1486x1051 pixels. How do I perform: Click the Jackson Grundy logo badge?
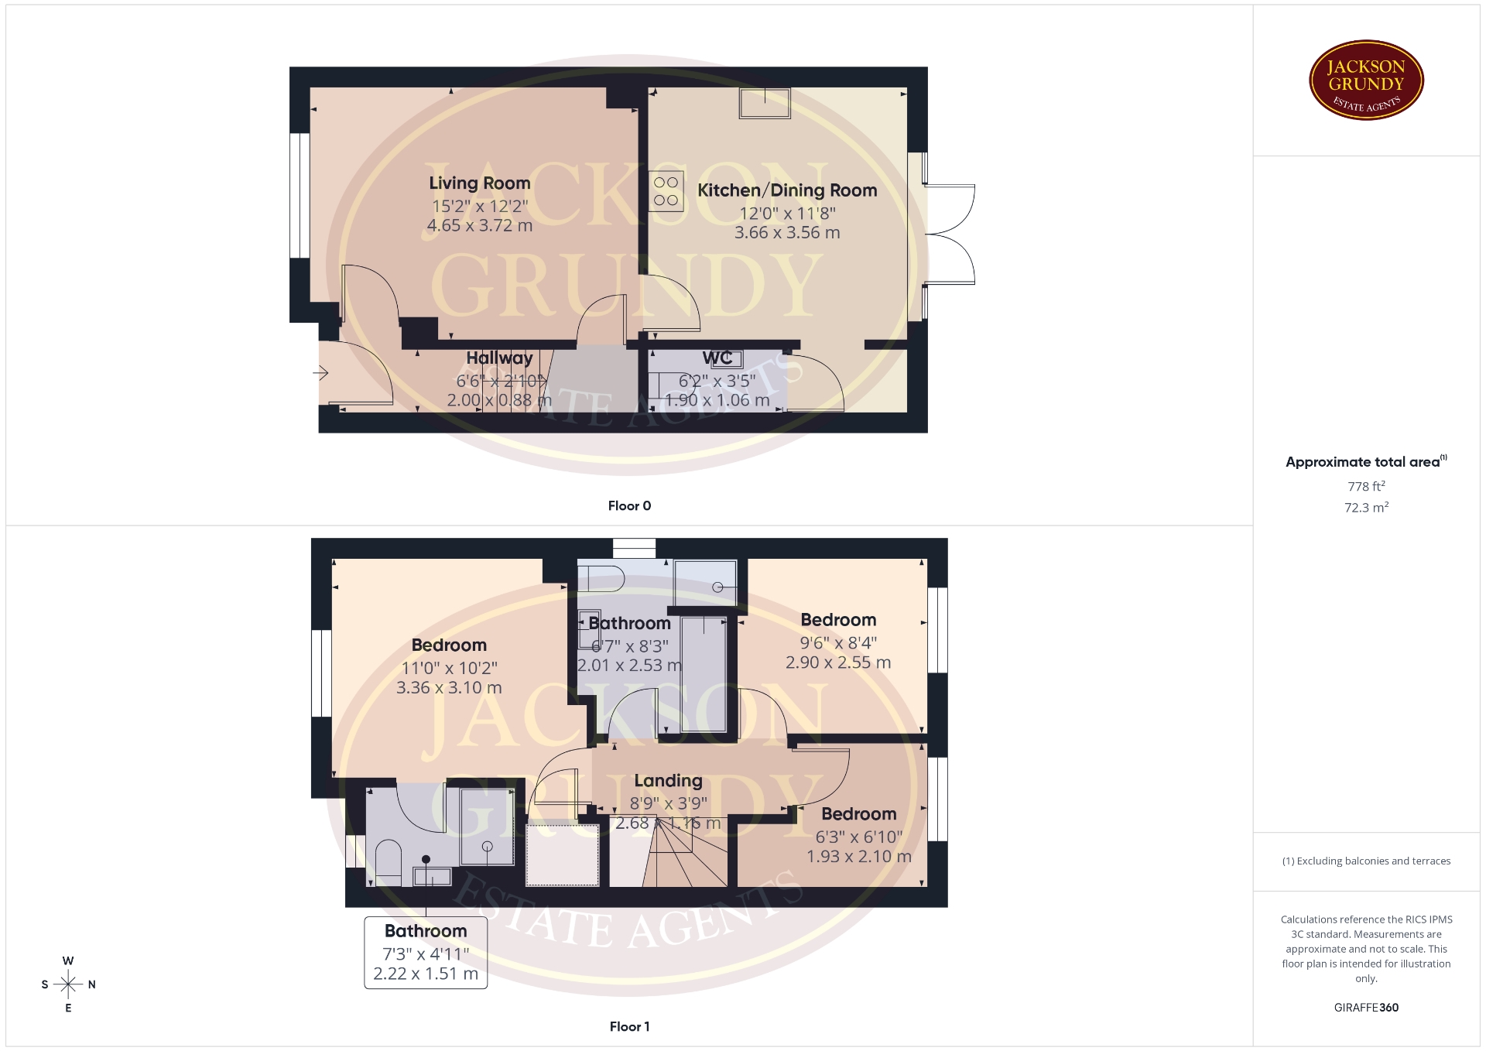[1366, 80]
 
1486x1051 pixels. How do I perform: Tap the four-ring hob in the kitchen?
[666, 191]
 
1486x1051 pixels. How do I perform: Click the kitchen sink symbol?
[765, 103]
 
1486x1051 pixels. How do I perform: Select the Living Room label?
[480, 183]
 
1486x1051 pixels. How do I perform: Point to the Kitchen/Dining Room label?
[787, 190]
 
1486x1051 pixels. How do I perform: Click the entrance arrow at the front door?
[320, 374]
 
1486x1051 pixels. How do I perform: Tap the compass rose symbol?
[68, 984]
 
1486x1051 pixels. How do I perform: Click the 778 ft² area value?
[1366, 487]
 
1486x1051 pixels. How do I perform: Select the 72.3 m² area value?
[1366, 508]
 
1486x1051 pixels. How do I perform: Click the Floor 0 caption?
[629, 506]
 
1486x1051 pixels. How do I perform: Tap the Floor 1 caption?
[629, 1027]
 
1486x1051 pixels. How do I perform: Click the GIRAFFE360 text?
[1366, 1008]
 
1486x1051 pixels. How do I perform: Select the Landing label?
[668, 781]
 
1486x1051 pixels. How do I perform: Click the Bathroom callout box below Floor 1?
[426, 953]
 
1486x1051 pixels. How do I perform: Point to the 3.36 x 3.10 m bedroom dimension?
[449, 688]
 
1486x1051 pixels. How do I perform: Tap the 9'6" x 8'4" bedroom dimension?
[838, 643]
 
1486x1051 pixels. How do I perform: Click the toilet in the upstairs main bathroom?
[601, 577]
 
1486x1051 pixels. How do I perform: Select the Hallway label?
[499, 358]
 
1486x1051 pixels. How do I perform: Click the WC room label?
[717, 358]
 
